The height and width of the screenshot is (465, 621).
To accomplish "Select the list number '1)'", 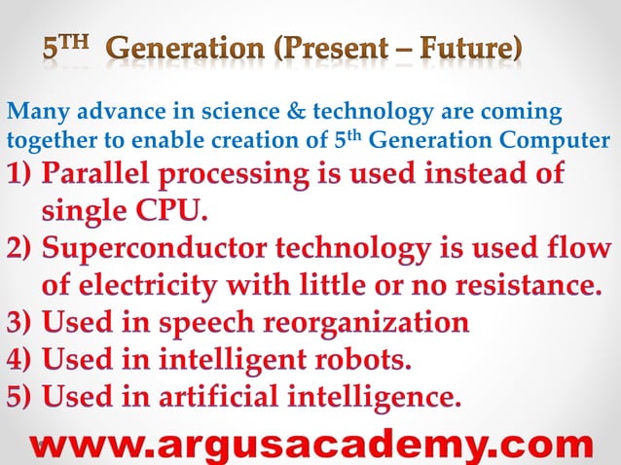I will tap(20, 178).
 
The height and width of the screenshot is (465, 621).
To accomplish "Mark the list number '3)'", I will tap(20, 322).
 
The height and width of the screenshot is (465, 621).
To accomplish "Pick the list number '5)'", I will tap(20, 398).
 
